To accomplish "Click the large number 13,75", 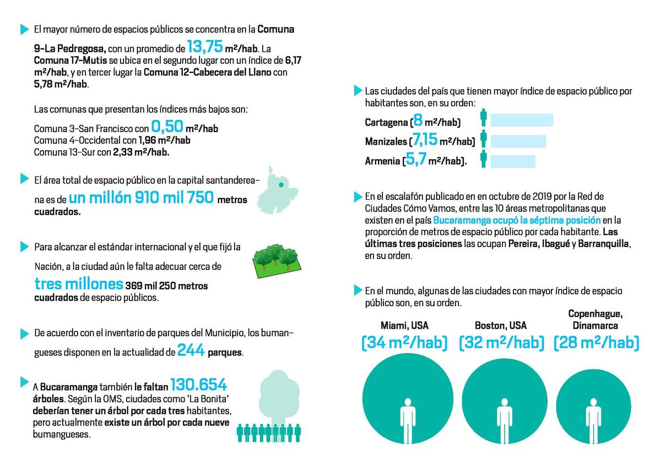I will click(204, 46).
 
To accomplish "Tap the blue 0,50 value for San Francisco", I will click(167, 127).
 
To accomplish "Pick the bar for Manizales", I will click(518, 141).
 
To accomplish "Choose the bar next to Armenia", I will click(512, 161).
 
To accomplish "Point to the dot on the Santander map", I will click(281, 185).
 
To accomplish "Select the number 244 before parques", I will click(191, 351).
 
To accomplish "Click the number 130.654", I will click(198, 385).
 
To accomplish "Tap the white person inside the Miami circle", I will click(408, 421).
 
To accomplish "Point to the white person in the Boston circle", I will click(503, 421).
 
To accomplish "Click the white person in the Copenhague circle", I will click(593, 421).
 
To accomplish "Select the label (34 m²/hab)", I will click(404, 343).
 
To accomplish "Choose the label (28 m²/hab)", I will click(597, 343).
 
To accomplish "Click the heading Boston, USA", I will click(501, 325).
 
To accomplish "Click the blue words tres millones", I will click(79, 285).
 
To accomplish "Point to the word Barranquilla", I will click(607, 244).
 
